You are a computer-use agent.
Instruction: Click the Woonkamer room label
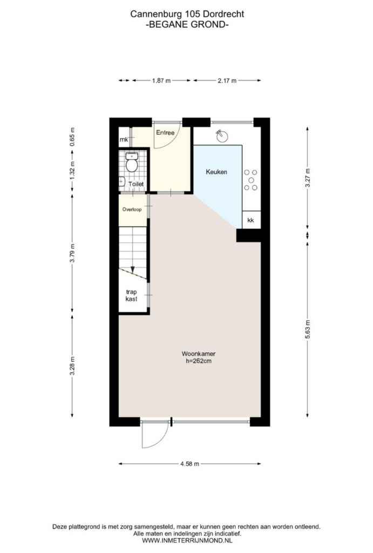click(x=199, y=353)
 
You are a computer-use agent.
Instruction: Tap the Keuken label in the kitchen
click(x=216, y=172)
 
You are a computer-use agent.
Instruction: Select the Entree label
click(x=165, y=133)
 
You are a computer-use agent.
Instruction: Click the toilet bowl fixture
click(x=132, y=162)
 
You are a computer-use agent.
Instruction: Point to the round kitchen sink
click(x=222, y=136)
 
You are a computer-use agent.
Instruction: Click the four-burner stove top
click(x=250, y=180)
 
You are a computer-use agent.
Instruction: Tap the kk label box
click(x=251, y=220)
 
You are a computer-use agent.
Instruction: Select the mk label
click(x=124, y=140)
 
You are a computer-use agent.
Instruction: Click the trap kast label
click(x=132, y=295)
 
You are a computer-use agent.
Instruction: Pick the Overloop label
click(x=132, y=210)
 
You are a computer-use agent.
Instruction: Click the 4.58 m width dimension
click(x=189, y=464)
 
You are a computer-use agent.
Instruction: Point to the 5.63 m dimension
click(x=308, y=330)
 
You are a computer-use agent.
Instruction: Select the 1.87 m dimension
click(x=161, y=80)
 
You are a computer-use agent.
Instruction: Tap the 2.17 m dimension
click(x=227, y=80)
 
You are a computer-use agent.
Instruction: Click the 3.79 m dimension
click(x=72, y=253)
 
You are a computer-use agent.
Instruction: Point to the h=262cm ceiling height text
click(x=199, y=361)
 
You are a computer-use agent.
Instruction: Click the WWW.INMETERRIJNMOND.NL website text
click(x=187, y=540)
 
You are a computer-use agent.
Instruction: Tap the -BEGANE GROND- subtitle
click(x=187, y=24)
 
